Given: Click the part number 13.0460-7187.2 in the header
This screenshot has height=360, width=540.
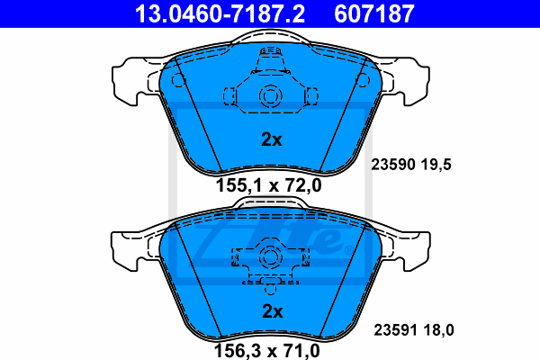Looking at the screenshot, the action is [x=220, y=13].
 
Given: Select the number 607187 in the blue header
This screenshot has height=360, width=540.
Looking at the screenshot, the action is [x=374, y=13].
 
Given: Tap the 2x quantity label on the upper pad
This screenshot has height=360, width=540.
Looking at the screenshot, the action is [x=272, y=139].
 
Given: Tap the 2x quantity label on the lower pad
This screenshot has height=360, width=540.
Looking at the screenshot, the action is [x=273, y=311].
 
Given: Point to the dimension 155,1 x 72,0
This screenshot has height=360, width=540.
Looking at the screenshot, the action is [x=268, y=185].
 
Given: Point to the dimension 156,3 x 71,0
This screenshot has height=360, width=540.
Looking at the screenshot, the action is [x=267, y=351].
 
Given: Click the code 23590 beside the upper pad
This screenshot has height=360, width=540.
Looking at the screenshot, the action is [x=393, y=165].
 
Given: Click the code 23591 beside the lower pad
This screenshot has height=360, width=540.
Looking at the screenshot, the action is [x=396, y=330].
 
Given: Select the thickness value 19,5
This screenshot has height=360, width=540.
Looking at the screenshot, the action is [x=436, y=165].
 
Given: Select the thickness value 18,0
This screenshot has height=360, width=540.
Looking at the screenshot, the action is [x=439, y=330].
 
